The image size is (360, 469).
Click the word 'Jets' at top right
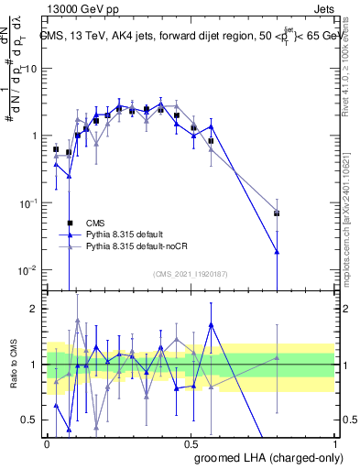[326, 8]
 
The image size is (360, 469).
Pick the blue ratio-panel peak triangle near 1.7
[212, 324]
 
